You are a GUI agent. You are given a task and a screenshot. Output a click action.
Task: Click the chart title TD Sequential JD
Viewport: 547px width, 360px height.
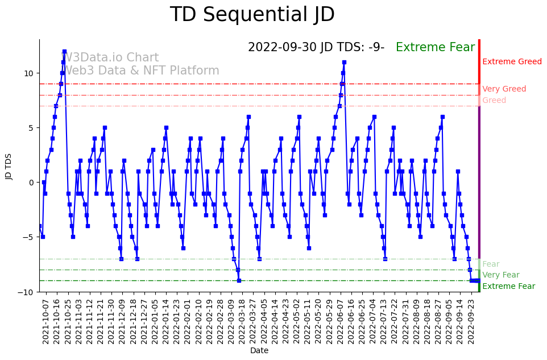(x=252, y=15)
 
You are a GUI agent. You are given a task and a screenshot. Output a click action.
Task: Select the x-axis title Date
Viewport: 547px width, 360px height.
(x=259, y=351)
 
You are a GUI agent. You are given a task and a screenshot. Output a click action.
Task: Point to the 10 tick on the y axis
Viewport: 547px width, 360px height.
(x=28, y=73)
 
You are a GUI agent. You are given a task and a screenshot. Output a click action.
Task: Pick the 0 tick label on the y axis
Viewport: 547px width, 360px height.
(x=32, y=183)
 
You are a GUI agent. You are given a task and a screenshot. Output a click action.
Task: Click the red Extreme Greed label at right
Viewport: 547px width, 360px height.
(x=512, y=62)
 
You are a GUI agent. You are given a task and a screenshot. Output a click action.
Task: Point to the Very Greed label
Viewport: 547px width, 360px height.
(x=504, y=89)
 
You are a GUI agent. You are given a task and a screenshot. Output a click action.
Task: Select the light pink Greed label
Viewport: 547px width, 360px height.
(x=494, y=101)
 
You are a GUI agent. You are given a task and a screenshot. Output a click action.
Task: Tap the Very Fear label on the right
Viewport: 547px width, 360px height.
(x=500, y=275)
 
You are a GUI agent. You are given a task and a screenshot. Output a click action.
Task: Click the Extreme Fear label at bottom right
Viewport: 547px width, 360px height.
(x=508, y=287)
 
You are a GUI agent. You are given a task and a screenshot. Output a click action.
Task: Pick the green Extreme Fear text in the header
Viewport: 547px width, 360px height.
(x=435, y=47)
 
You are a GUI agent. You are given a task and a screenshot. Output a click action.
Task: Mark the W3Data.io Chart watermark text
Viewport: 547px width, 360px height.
(x=110, y=58)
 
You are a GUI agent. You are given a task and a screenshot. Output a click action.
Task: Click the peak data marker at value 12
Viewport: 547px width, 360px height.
(x=64, y=52)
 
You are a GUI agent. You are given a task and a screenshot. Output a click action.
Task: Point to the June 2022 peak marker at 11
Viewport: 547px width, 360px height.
(x=344, y=63)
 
